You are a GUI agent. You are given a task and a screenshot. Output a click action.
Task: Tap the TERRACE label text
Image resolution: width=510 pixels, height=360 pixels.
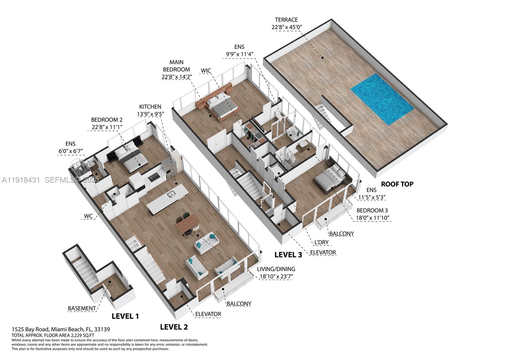pos(286,20)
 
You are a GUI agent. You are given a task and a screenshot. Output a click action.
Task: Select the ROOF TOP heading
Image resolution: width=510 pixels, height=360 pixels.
pos(397,184)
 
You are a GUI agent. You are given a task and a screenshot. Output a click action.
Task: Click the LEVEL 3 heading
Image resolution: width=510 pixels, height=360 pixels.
pos(288,255)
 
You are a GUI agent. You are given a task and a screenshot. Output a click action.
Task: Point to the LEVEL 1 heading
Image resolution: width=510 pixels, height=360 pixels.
pos(125,316)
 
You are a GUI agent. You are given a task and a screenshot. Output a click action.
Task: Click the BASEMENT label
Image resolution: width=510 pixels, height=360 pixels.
pos(82,308)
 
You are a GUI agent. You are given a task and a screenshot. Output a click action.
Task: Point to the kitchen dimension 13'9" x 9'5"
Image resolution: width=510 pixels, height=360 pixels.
pos(150,114)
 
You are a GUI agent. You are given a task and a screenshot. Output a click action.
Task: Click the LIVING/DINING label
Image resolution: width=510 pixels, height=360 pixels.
pos(276,269)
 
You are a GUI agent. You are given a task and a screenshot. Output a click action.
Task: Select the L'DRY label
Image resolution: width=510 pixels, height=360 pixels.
pos(321,242)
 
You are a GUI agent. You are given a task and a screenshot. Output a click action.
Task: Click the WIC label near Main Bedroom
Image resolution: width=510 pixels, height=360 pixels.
pos(206,71)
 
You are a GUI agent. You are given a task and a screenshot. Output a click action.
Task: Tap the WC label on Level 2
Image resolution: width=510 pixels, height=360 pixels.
pos(88,216)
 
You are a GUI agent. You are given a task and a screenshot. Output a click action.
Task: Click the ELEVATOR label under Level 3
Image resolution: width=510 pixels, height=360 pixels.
pos(323,253)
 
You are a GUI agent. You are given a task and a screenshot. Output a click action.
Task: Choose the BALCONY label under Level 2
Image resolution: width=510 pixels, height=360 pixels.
pos(239,304)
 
